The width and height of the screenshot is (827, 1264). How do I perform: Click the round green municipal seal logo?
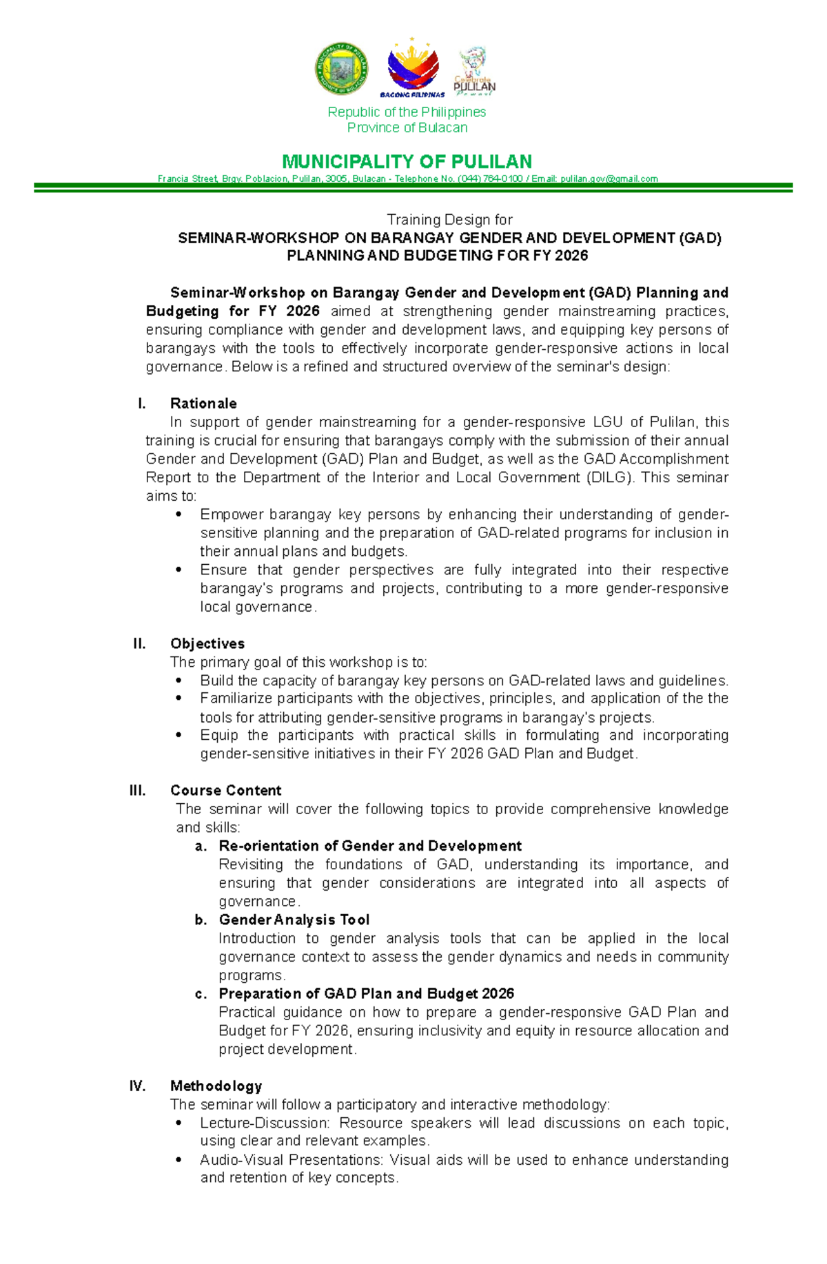pyautogui.click(x=341, y=69)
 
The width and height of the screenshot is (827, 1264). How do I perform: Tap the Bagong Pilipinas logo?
pyautogui.click(x=413, y=70)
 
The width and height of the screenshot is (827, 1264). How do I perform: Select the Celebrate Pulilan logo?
pyautogui.click(x=474, y=71)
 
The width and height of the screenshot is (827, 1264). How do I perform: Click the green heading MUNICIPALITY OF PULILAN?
pyautogui.click(x=407, y=162)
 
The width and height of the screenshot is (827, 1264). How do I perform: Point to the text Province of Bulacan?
pyautogui.click(x=407, y=128)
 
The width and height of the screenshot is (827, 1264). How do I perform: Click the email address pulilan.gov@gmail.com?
pyautogui.click(x=609, y=179)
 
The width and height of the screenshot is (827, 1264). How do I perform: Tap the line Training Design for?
pyautogui.click(x=449, y=220)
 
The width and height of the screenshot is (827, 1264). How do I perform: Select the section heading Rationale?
pyautogui.click(x=203, y=404)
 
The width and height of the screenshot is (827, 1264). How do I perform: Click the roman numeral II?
pyautogui.click(x=139, y=644)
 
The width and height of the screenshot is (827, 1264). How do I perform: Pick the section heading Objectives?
pyautogui.click(x=207, y=644)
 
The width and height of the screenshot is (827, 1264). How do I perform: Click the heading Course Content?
pyautogui.click(x=226, y=791)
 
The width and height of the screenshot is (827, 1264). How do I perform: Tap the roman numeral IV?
pyautogui.click(x=138, y=1086)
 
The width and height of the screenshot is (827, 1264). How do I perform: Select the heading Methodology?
pyautogui.click(x=216, y=1086)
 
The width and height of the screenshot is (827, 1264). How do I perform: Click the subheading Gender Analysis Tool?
pyautogui.click(x=294, y=920)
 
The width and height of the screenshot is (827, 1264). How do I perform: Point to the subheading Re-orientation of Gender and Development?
pyautogui.click(x=370, y=846)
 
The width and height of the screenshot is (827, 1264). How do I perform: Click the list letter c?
pyautogui.click(x=201, y=994)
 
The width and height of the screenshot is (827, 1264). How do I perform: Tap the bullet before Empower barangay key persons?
pyautogui.click(x=179, y=515)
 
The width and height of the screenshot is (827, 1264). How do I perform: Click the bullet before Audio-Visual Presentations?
pyautogui.click(x=179, y=1160)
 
